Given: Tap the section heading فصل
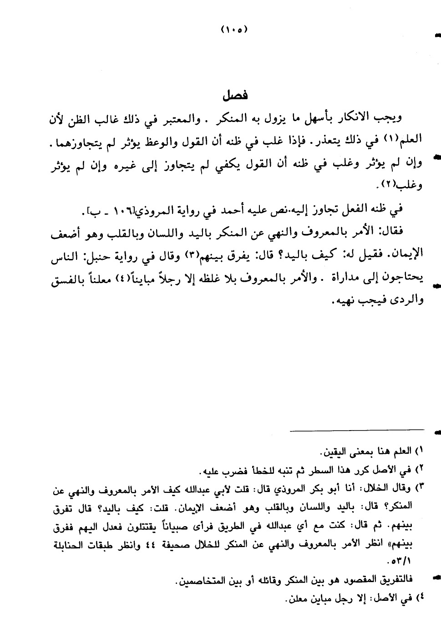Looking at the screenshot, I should [x=235, y=96].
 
